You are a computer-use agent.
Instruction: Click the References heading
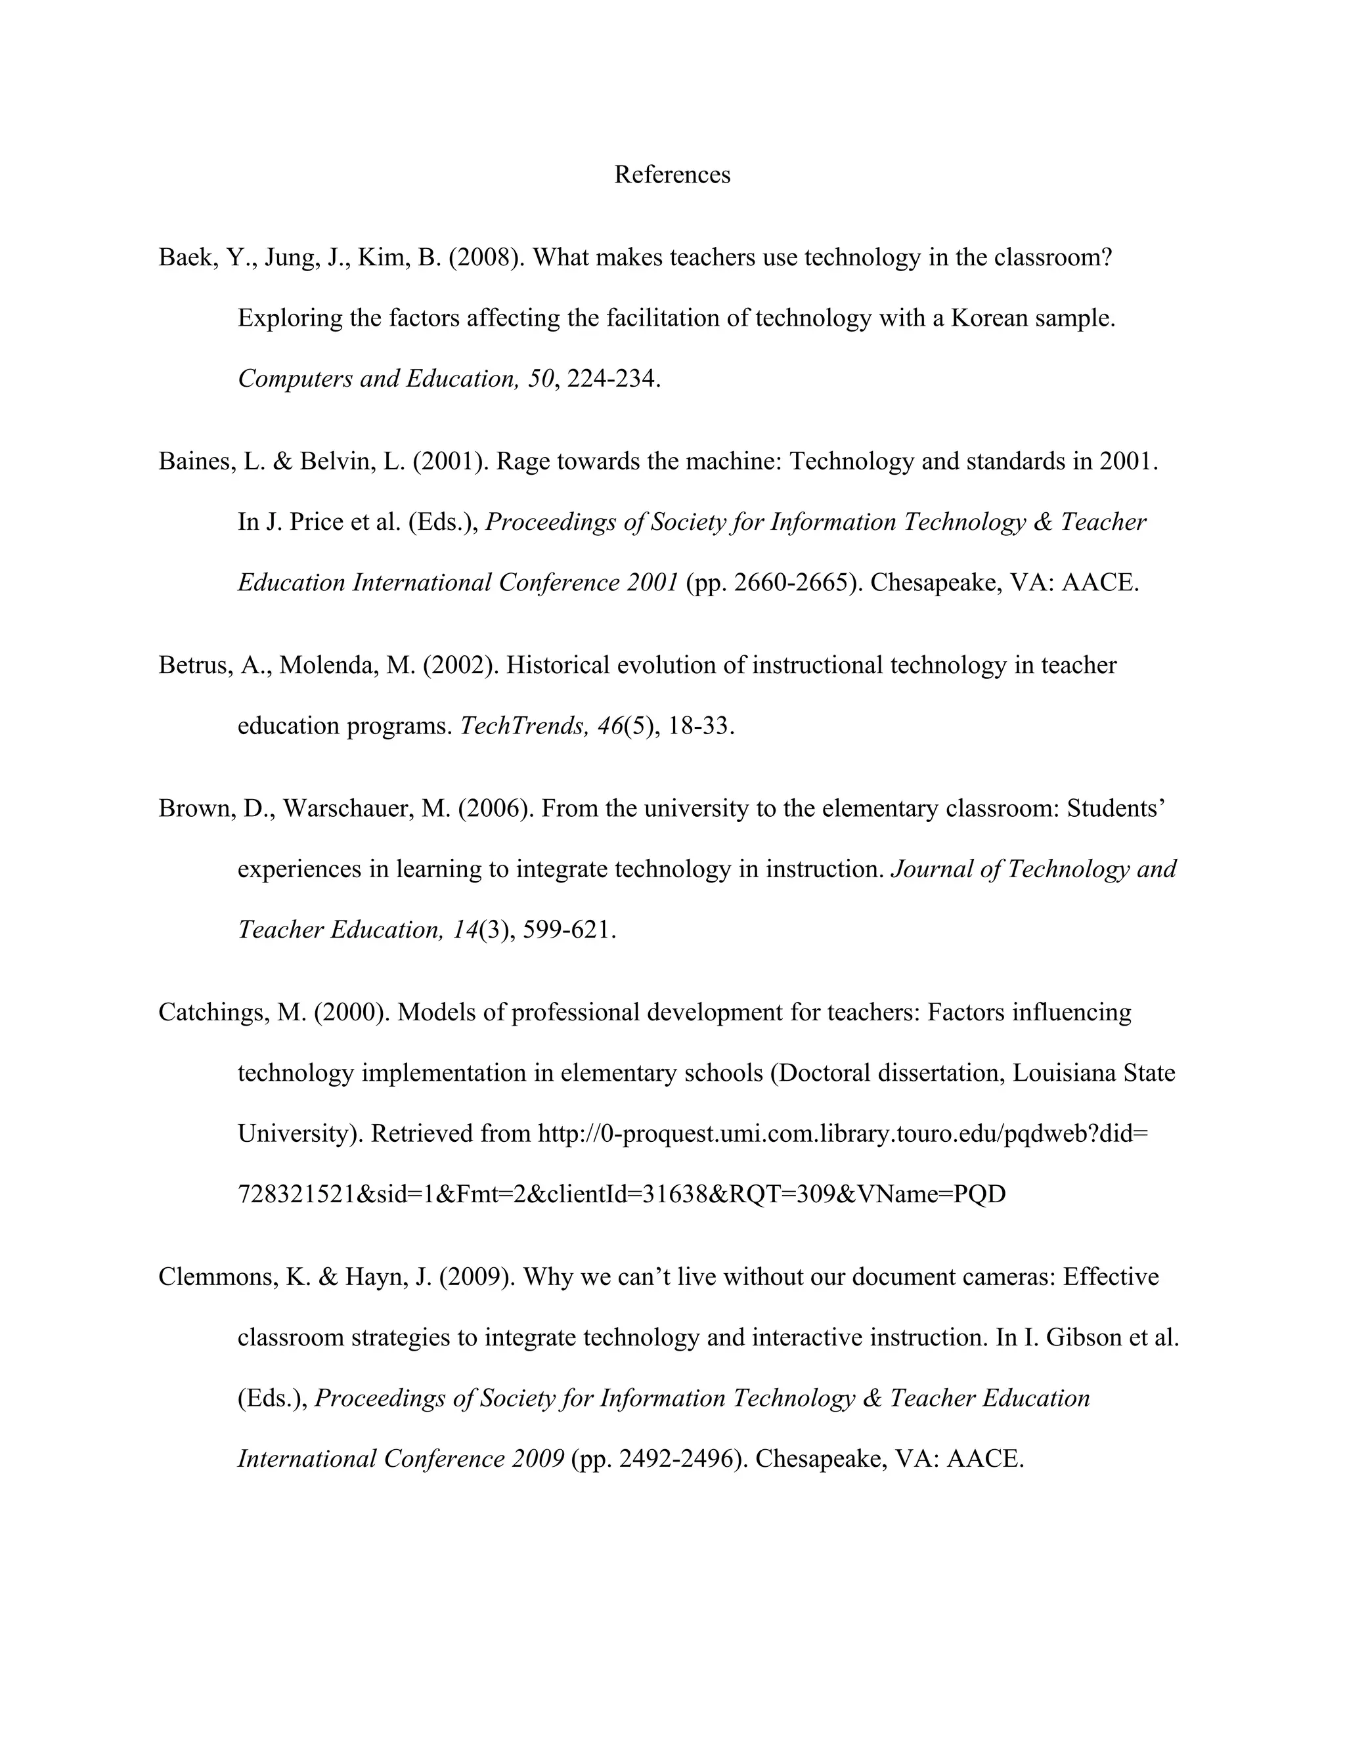[672, 175]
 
